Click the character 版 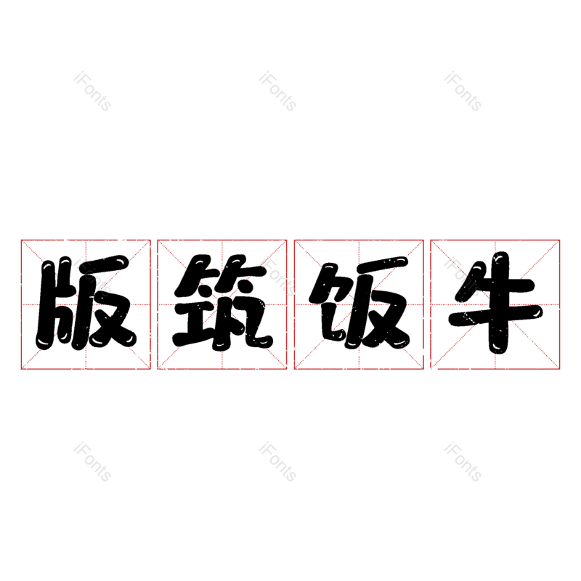[x=86, y=303]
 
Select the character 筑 [x=222, y=302]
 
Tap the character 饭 [x=359, y=302]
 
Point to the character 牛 [x=496, y=303]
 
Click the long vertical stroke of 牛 [x=499, y=303]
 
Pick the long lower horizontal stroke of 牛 [x=496, y=315]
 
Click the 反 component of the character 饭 [x=377, y=302]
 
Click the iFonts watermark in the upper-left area [x=92, y=92]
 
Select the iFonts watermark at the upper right [x=463, y=92]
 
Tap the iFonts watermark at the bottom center [x=277, y=462]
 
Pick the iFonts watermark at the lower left [x=92, y=462]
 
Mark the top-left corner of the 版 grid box [x=21, y=240]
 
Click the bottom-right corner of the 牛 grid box [x=559, y=369]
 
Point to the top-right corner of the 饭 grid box [x=423, y=240]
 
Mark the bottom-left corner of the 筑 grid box [x=158, y=369]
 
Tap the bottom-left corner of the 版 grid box [x=21, y=369]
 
